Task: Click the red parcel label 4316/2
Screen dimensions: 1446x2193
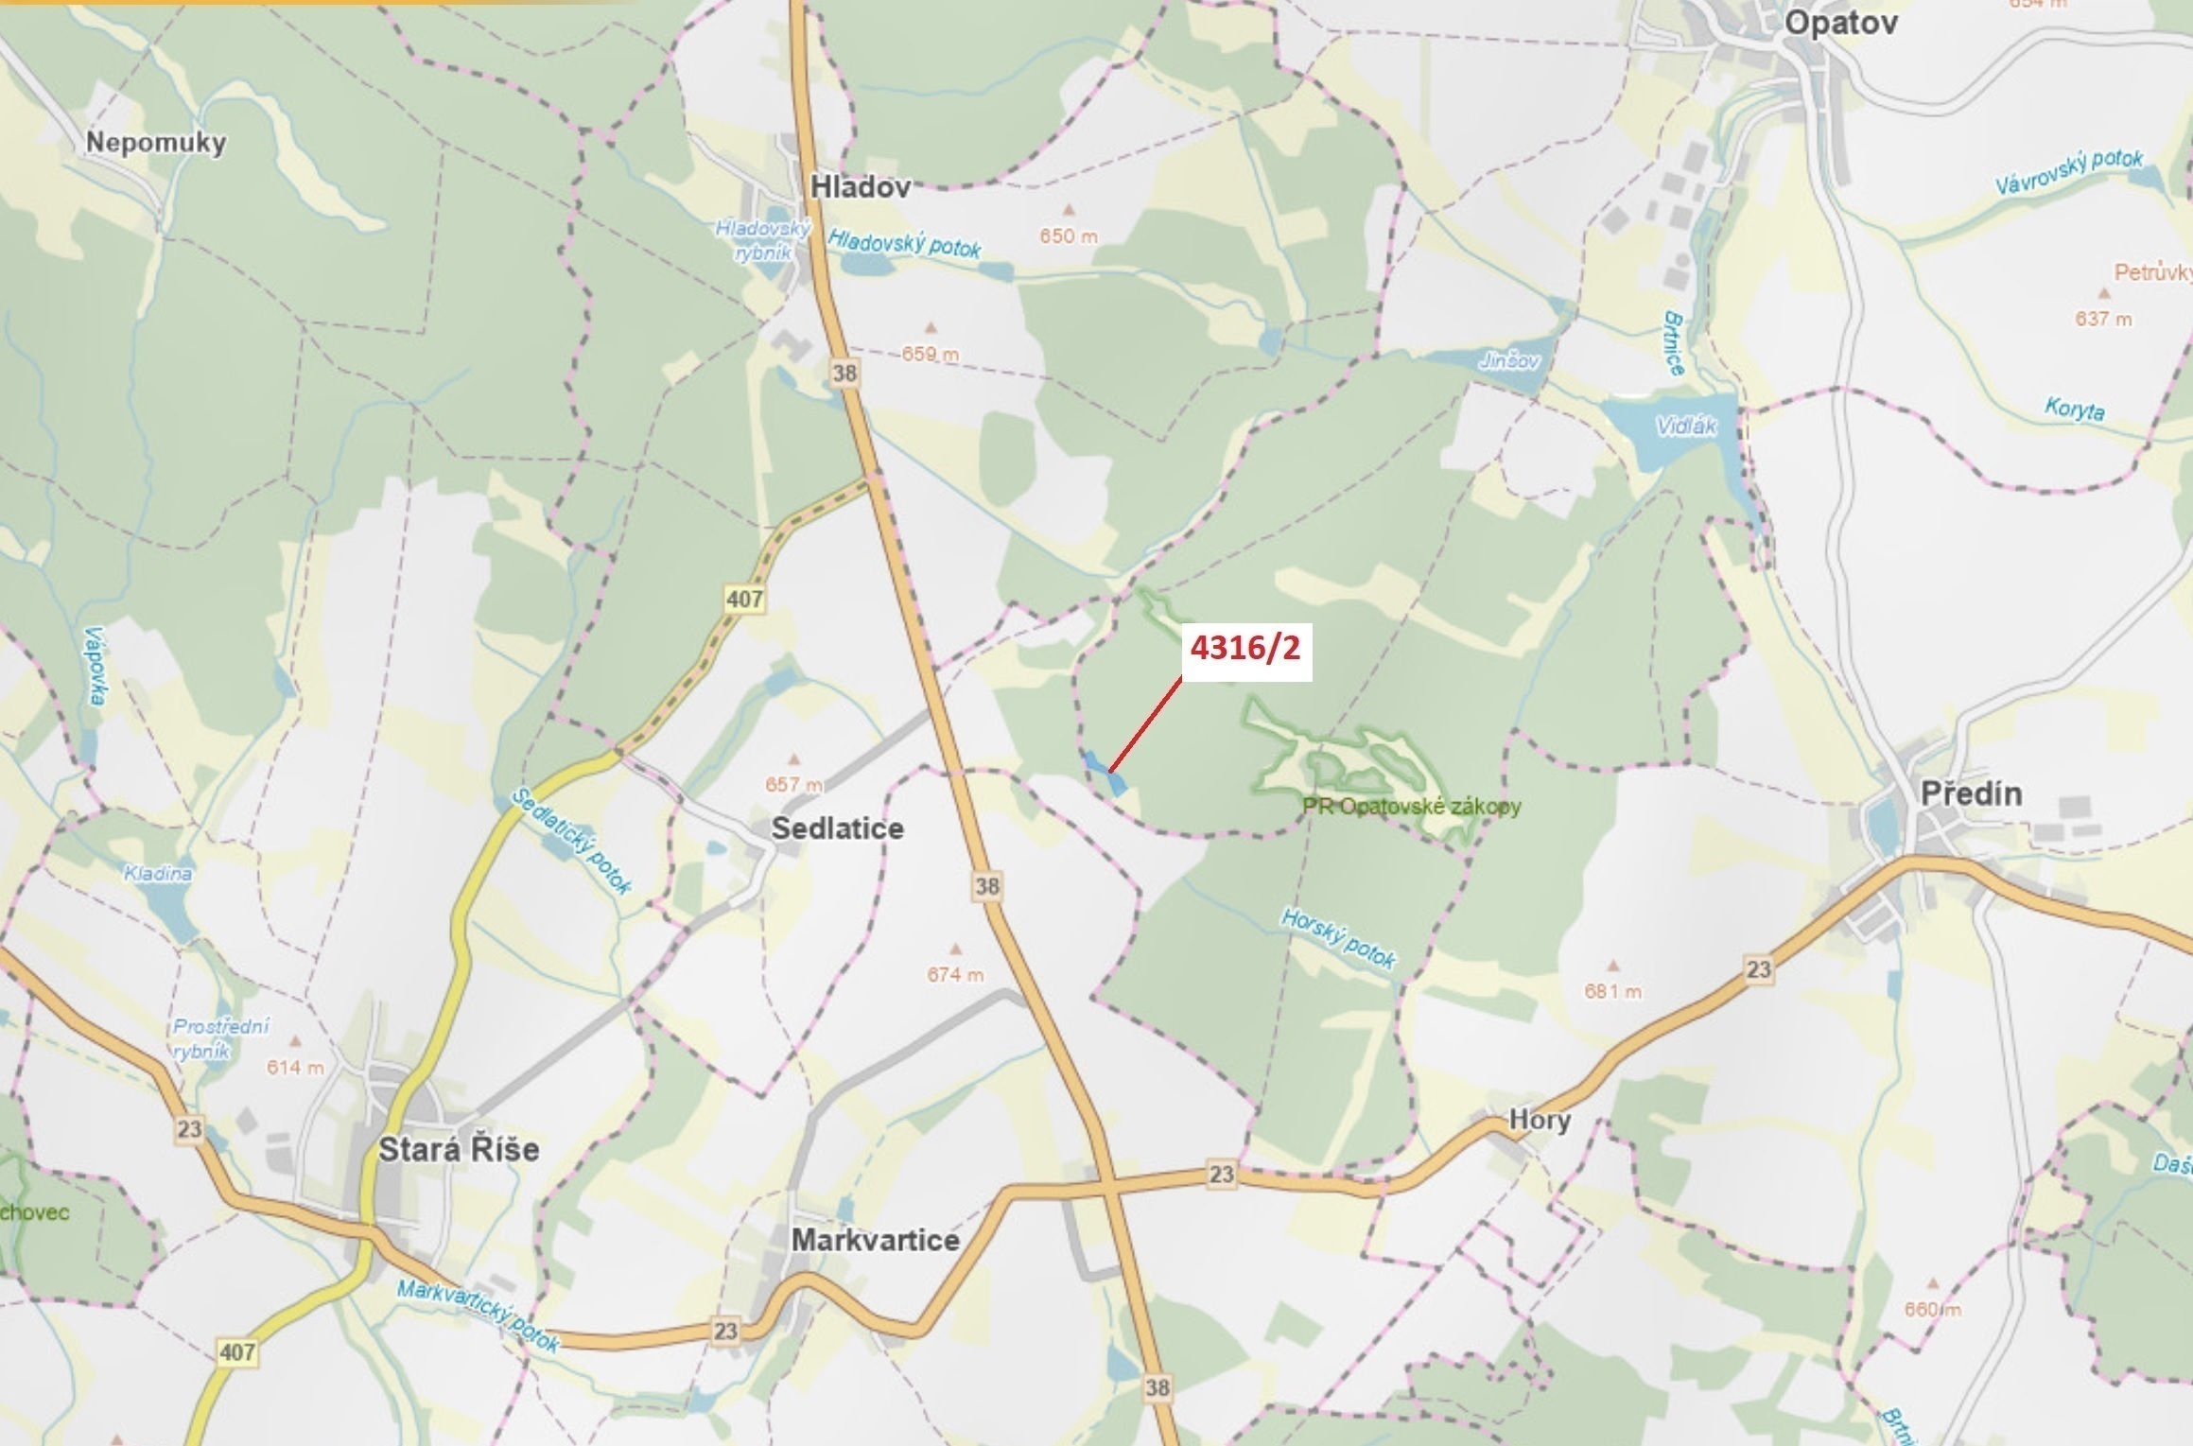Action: point(1244,649)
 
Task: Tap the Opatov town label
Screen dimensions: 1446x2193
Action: point(1840,23)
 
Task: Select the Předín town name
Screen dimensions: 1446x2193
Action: point(1971,793)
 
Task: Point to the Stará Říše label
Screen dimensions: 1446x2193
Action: point(459,1149)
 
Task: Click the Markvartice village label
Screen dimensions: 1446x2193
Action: point(875,1240)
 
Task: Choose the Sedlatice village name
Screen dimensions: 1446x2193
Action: point(837,828)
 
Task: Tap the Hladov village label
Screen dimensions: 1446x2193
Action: point(860,187)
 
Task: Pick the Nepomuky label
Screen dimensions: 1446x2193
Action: point(156,143)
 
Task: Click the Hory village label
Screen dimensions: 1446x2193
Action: point(1540,1120)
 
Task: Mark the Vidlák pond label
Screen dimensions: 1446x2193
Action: point(1686,426)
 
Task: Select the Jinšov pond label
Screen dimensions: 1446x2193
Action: point(1508,360)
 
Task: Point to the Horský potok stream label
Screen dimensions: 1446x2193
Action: point(1338,938)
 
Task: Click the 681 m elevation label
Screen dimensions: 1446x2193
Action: point(1613,991)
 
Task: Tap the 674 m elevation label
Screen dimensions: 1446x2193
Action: point(955,974)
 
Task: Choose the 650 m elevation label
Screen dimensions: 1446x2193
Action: point(1069,236)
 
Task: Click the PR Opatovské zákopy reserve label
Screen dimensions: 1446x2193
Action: point(1412,807)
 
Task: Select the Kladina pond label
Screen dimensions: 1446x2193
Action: point(158,873)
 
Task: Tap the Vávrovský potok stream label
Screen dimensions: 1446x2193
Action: point(2068,171)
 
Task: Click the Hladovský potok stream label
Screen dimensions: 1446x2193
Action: point(904,244)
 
